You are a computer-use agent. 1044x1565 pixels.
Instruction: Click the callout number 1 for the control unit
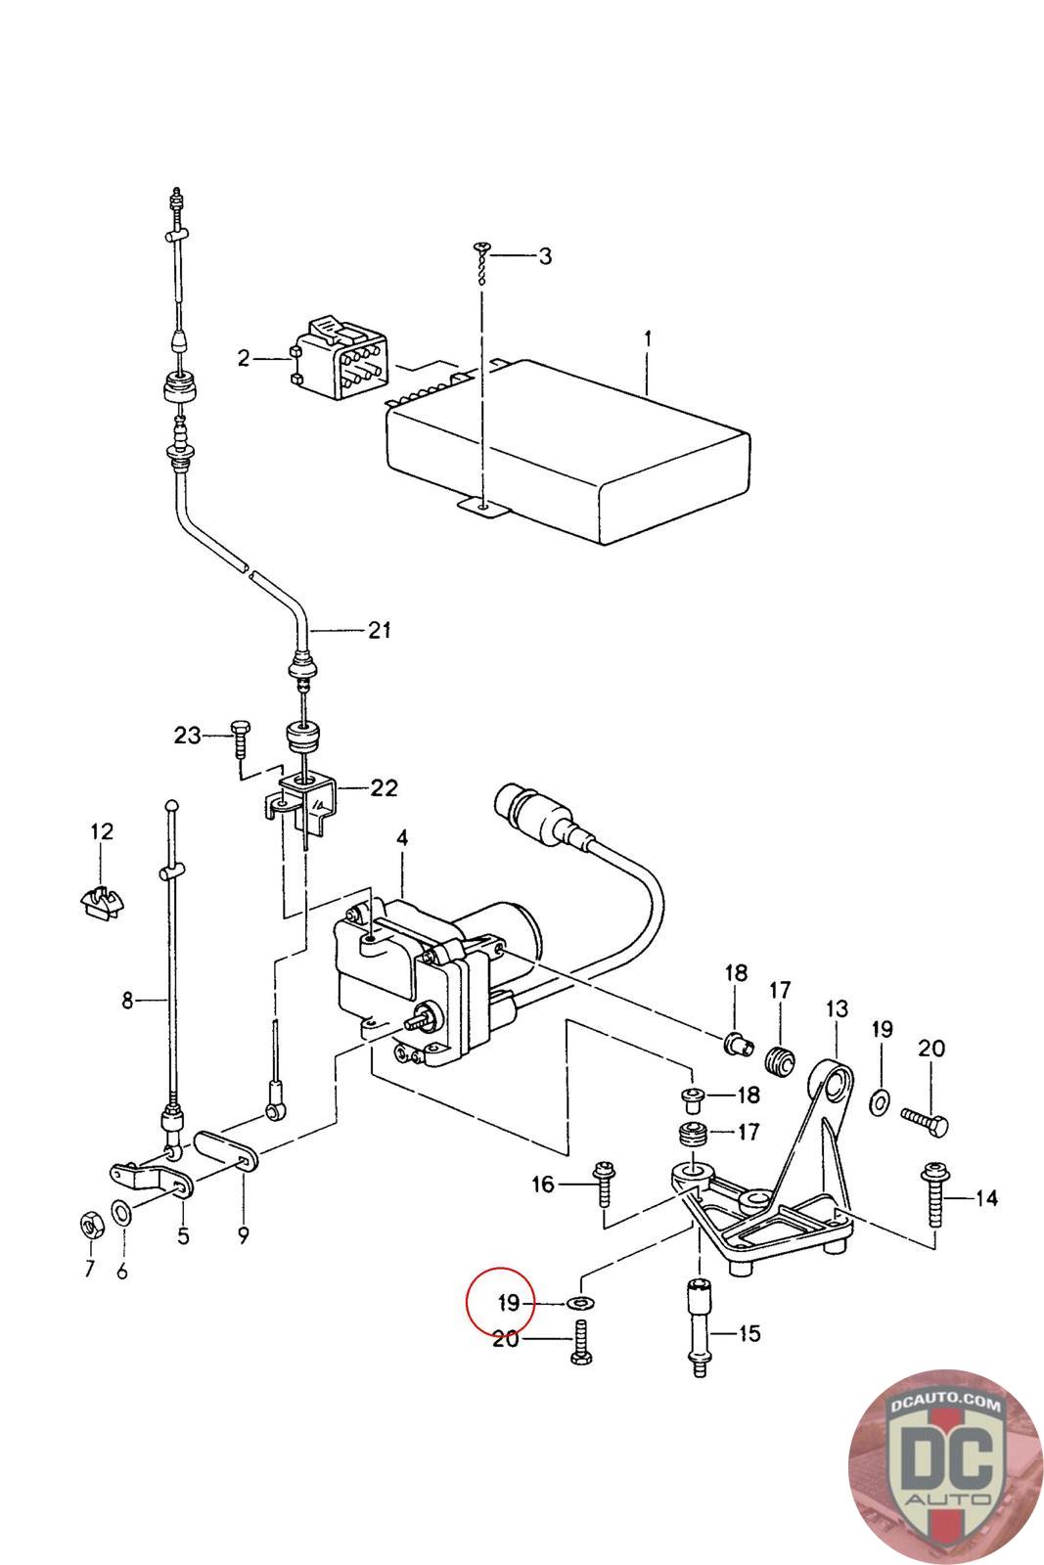pos(647,340)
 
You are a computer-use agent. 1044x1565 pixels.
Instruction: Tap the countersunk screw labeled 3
pos(480,263)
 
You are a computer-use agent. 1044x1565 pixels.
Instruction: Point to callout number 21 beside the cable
pos(379,630)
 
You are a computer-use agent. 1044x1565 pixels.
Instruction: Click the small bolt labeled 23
pos(240,738)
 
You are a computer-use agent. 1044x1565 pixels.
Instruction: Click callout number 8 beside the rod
pos(126,1002)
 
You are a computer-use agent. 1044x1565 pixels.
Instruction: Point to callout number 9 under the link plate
pos(243,1235)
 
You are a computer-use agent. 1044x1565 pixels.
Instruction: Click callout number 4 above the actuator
pos(402,837)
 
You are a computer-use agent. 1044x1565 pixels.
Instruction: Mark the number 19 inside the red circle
pos(508,1303)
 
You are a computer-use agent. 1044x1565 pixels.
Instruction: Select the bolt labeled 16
pos(604,1183)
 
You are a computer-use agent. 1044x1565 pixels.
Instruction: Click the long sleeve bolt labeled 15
pos(699,1326)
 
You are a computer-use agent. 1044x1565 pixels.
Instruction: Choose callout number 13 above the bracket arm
pos(837,1008)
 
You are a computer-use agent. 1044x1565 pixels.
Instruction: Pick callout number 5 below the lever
pos(182,1235)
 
